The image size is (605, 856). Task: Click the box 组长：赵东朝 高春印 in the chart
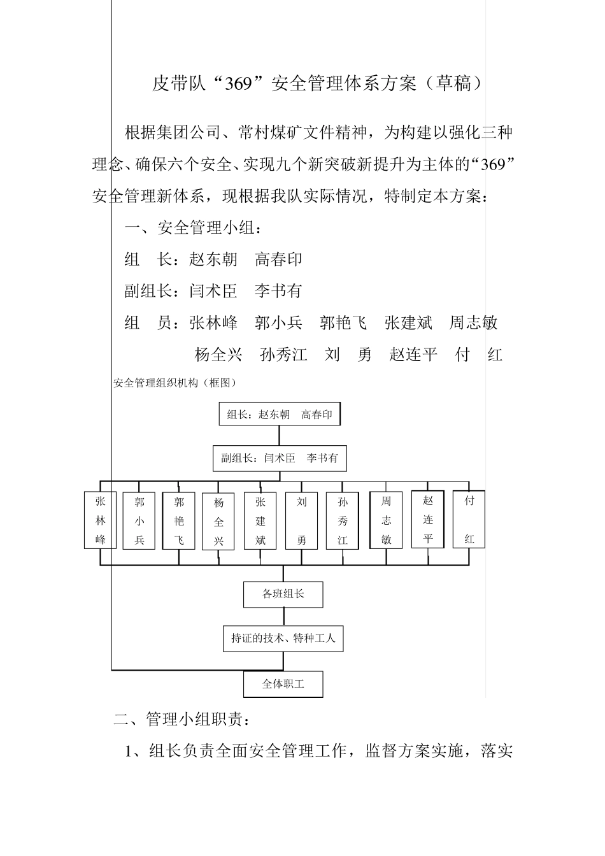click(x=280, y=415)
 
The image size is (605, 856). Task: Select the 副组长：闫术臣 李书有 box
click(x=280, y=458)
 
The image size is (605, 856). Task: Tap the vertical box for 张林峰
click(x=101, y=520)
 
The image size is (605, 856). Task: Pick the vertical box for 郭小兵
click(x=139, y=520)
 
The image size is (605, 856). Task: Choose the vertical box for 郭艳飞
click(x=179, y=520)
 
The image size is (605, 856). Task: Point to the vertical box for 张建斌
click(x=260, y=520)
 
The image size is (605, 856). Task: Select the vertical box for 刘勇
click(x=302, y=520)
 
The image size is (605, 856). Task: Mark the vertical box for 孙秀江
click(x=343, y=520)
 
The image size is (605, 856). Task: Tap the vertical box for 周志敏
click(x=387, y=520)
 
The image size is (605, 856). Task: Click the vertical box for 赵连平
click(x=428, y=519)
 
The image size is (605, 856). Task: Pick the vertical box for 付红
click(x=469, y=519)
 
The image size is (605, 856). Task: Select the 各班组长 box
click(x=283, y=594)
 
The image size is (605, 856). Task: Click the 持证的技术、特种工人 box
click(x=283, y=638)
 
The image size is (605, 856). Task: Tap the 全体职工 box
click(x=283, y=685)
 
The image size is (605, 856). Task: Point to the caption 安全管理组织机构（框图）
click(x=175, y=383)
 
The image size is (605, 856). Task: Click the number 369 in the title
click(x=239, y=83)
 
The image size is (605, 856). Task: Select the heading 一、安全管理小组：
click(x=192, y=228)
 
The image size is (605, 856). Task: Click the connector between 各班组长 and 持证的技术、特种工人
click(x=283, y=616)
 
